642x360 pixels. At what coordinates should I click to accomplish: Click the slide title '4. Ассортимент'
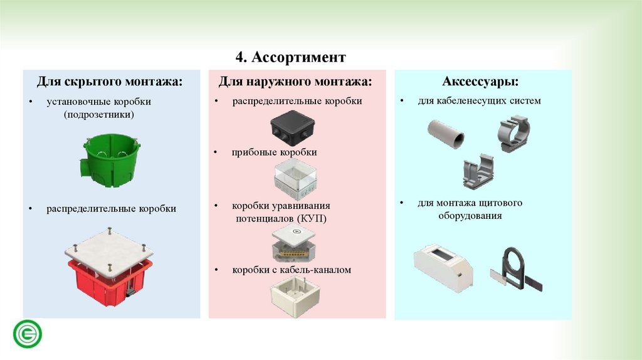point(291,58)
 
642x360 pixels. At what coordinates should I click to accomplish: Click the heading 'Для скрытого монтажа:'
point(110,82)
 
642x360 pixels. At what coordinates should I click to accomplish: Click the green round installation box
point(105,161)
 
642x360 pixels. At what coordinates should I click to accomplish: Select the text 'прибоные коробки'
point(275,152)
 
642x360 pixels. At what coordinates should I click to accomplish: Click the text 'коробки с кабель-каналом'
point(292,270)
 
